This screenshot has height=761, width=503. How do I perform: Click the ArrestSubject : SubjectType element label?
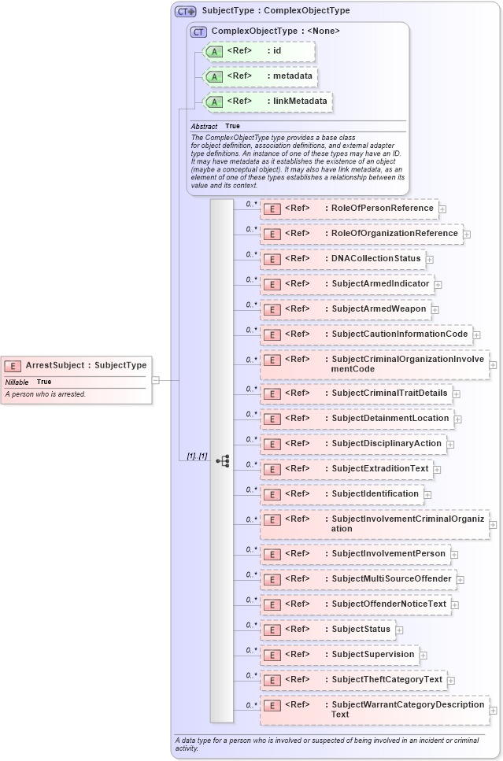pyautogui.click(x=86, y=365)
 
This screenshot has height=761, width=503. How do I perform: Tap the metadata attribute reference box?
pyautogui.click(x=260, y=76)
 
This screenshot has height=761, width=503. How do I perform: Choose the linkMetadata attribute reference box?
pyautogui.click(x=267, y=102)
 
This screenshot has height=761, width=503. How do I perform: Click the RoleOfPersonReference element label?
pyautogui.click(x=383, y=208)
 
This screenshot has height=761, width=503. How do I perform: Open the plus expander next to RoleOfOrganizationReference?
pyautogui.click(x=467, y=234)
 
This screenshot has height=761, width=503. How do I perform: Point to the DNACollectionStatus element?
pyautogui.click(x=342, y=258)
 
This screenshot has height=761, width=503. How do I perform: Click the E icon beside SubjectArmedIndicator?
pyautogui.click(x=271, y=284)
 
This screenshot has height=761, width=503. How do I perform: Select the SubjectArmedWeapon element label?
pyautogui.click(x=379, y=308)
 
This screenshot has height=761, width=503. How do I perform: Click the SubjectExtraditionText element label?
pyautogui.click(x=380, y=468)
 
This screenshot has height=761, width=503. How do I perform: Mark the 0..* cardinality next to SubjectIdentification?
pyautogui.click(x=251, y=489)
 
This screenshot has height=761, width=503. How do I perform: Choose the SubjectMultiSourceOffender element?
pyautogui.click(x=358, y=578)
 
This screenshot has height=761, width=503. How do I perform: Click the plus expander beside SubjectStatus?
pyautogui.click(x=399, y=630)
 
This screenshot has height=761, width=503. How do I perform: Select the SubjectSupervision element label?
pyautogui.click(x=372, y=654)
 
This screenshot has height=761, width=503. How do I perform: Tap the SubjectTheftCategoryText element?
pyautogui.click(x=353, y=679)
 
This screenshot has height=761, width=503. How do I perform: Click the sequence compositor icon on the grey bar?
pyautogui.click(x=222, y=461)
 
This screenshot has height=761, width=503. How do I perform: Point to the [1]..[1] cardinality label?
pyautogui.click(x=197, y=456)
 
